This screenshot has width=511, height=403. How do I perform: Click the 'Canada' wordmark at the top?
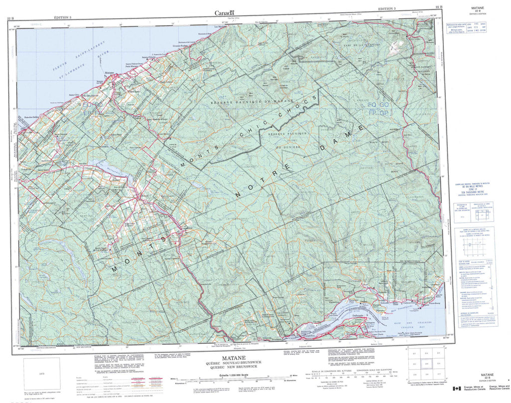coord(225,13)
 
